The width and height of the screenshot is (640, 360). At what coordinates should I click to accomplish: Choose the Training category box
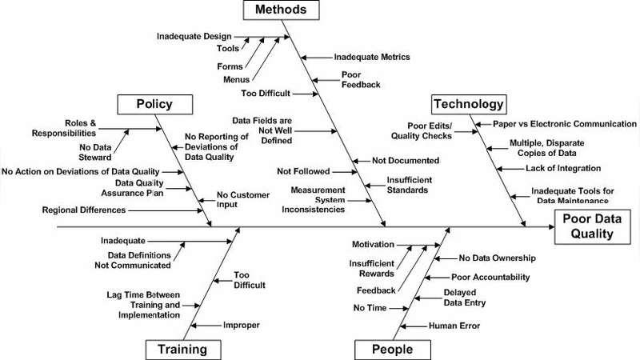(182, 349)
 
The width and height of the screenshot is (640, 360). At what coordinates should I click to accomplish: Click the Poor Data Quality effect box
(594, 226)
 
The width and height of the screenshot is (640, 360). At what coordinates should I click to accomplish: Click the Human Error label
(454, 326)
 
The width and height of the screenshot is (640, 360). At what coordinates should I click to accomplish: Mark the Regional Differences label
(84, 210)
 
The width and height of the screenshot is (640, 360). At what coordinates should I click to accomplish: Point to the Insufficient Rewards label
(371, 268)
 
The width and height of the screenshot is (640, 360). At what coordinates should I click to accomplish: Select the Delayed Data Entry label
(464, 298)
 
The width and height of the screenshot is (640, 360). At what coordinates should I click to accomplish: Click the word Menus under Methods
(236, 79)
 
